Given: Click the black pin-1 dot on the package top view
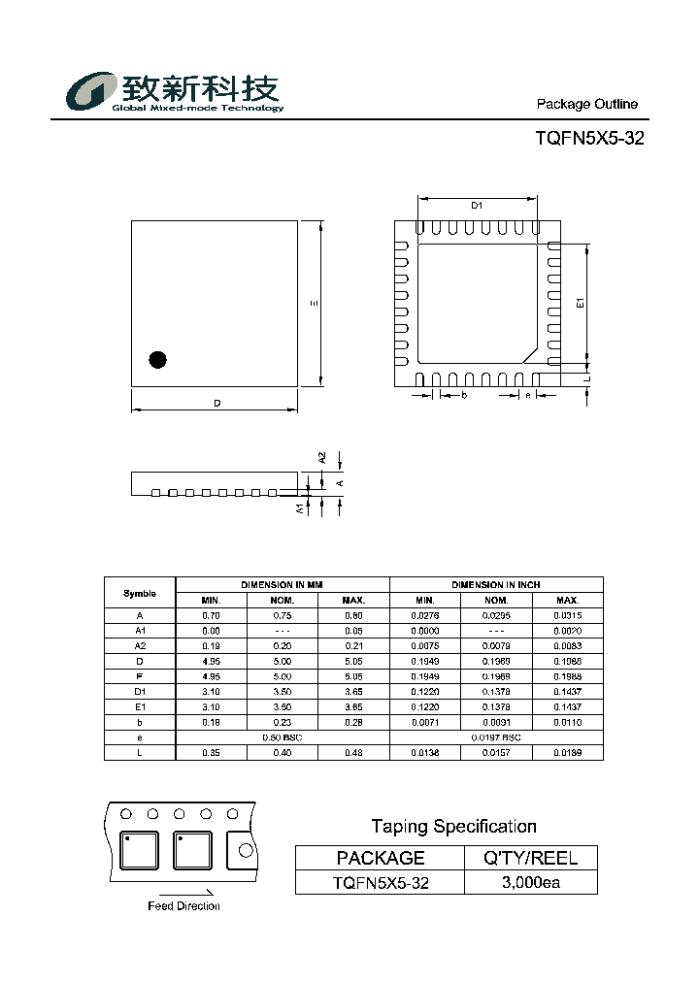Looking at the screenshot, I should pyautogui.click(x=157, y=359).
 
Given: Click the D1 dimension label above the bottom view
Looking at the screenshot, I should pyautogui.click(x=477, y=205).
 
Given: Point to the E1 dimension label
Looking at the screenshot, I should pyautogui.click(x=581, y=304).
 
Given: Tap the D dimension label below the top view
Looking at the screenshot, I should pyautogui.click(x=217, y=404).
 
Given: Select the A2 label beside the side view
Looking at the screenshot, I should pyautogui.click(x=322, y=458).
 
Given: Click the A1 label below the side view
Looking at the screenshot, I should pyautogui.click(x=299, y=507).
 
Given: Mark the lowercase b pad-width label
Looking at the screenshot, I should pyautogui.click(x=464, y=396).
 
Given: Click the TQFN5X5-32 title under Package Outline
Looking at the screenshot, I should pyautogui.click(x=589, y=139).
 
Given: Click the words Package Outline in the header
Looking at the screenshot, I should pyautogui.click(x=587, y=104).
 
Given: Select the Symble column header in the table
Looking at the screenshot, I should pyautogui.click(x=140, y=593).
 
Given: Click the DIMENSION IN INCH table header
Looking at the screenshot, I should pyautogui.click(x=496, y=585).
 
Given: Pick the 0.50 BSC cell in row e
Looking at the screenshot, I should pyautogui.click(x=283, y=738).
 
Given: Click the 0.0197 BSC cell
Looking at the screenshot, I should pyautogui.click(x=496, y=738).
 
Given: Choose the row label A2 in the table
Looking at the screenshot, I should pyautogui.click(x=140, y=646).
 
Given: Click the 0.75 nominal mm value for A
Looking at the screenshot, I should pyautogui.click(x=283, y=615).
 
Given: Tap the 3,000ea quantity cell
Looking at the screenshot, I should pyautogui.click(x=531, y=883).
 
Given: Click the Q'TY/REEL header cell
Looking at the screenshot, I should pyautogui.click(x=531, y=858).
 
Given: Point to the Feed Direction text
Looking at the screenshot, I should pyautogui.click(x=184, y=906).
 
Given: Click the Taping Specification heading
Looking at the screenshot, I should pyautogui.click(x=453, y=827).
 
